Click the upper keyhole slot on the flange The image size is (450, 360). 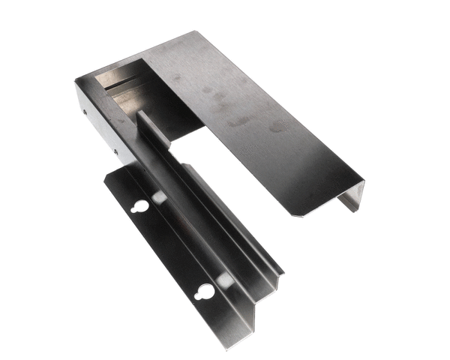(x=138, y=207)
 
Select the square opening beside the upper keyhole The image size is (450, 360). (x=159, y=196)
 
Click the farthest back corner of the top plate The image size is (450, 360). (x=196, y=31)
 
